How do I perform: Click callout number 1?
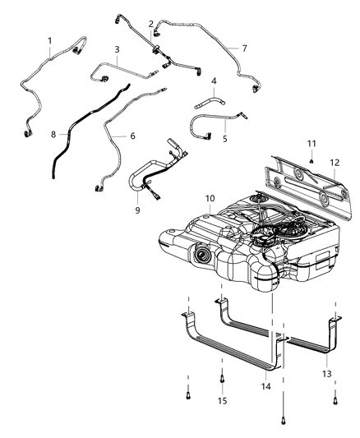49,41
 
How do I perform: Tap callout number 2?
150,24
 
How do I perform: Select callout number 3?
118,49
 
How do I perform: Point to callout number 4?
213,81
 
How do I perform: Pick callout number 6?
132,136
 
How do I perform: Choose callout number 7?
243,48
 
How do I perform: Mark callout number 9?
138,210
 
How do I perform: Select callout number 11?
312,144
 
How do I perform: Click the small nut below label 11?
312,160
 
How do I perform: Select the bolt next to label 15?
223,379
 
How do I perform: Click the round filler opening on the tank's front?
200,260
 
